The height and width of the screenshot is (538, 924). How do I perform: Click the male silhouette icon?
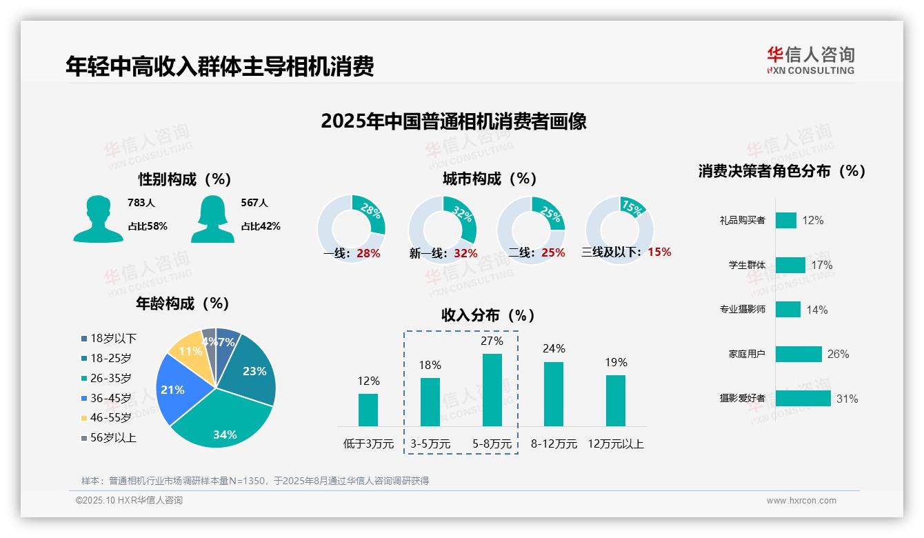point(98,219)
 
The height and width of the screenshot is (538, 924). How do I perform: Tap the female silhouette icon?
point(212,219)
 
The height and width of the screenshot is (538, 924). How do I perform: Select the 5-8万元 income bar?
point(492,390)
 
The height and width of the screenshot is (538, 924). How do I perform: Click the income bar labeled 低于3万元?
point(368,410)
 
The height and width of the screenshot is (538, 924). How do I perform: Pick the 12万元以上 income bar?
point(615,400)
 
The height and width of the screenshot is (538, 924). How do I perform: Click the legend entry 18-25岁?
point(110,358)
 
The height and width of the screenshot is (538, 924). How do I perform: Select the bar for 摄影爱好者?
point(803,398)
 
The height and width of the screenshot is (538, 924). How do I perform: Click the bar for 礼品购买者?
point(785,220)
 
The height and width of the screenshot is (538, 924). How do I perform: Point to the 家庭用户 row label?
point(746,355)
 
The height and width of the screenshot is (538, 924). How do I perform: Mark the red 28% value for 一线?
point(368,253)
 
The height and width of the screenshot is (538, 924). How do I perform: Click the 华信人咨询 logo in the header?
point(810,60)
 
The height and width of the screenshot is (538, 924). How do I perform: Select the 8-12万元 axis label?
point(553,444)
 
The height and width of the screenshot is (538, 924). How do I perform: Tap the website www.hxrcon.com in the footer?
point(801,501)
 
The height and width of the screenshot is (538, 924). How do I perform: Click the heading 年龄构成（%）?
point(182,303)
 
